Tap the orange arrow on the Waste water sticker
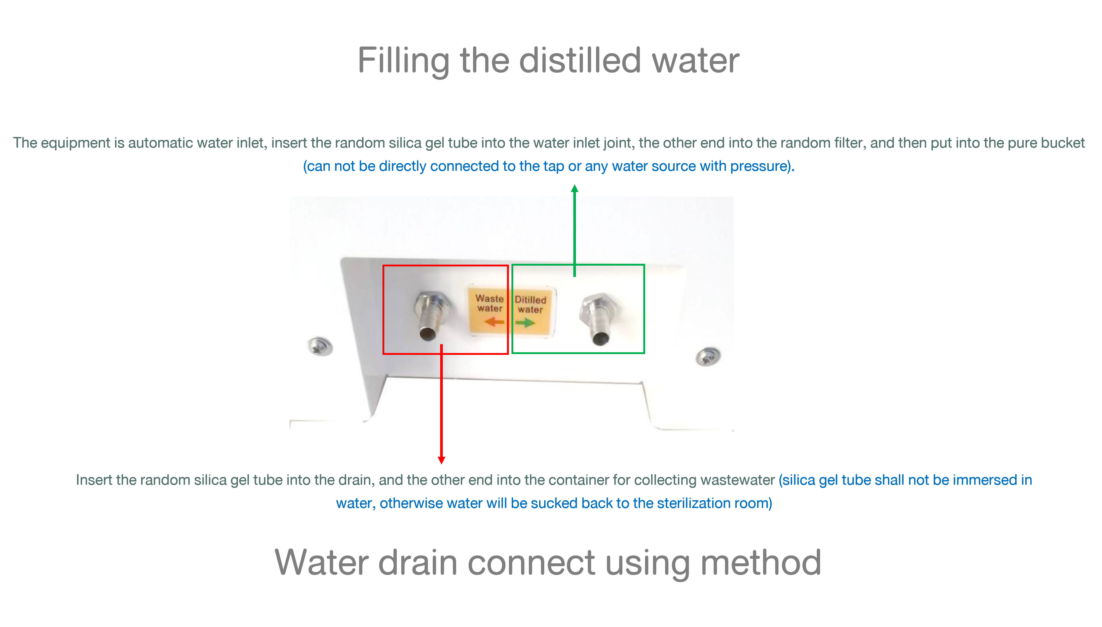pyautogui.click(x=494, y=322)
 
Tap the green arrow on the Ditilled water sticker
pyautogui.click(x=525, y=323)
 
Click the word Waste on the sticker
pyautogui.click(x=490, y=298)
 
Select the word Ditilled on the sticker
pyautogui.click(x=530, y=300)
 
